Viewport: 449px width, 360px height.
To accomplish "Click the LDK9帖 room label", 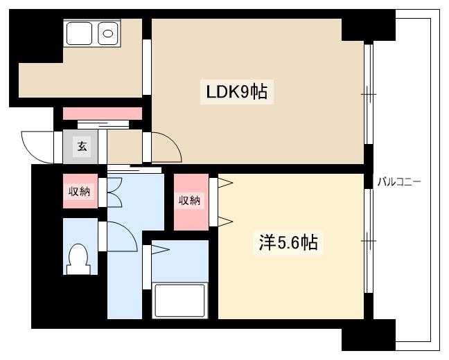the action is (237, 92).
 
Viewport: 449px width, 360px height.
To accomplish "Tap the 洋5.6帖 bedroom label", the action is (288, 242).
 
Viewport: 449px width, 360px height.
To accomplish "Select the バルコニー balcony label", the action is (399, 181).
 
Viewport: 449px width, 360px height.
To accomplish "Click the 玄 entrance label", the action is (82, 146).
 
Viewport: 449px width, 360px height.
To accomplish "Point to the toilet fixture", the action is (78, 259).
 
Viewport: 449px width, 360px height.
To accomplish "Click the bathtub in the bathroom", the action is (179, 300).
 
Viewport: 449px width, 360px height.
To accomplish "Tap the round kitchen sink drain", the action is (108, 34).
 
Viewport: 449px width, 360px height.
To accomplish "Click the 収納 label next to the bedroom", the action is (189, 201).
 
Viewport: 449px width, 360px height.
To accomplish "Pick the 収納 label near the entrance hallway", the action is (79, 191).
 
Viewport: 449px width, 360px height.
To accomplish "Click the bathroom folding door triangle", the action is (160, 249).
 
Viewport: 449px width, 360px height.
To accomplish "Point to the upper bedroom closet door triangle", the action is (225, 183).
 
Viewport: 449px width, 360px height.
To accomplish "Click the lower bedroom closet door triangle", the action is (225, 222).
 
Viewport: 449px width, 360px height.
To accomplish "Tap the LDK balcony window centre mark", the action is (369, 94).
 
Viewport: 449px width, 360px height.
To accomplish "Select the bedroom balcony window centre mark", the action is (369, 241).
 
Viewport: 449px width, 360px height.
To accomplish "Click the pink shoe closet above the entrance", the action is (103, 114).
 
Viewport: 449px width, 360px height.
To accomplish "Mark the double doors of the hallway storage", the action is (114, 192).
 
